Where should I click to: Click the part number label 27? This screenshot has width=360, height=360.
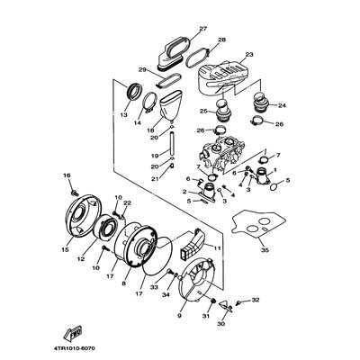[203, 29]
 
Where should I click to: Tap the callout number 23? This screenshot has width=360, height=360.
[249, 55]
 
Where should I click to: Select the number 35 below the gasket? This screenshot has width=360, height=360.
[265, 250]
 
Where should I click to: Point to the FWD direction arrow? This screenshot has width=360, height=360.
[73, 332]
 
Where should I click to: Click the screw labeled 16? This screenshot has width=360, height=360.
[73, 191]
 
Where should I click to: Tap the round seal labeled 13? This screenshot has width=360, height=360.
[134, 91]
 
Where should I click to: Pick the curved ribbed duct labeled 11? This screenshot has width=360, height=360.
[193, 243]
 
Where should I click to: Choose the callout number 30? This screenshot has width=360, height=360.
[222, 324]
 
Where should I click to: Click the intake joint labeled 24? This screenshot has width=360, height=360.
[260, 103]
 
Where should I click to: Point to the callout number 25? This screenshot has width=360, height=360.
[204, 112]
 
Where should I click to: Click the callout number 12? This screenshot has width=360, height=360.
[81, 259]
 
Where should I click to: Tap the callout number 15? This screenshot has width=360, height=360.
[66, 250]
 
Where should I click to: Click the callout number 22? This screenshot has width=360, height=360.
[127, 203]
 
